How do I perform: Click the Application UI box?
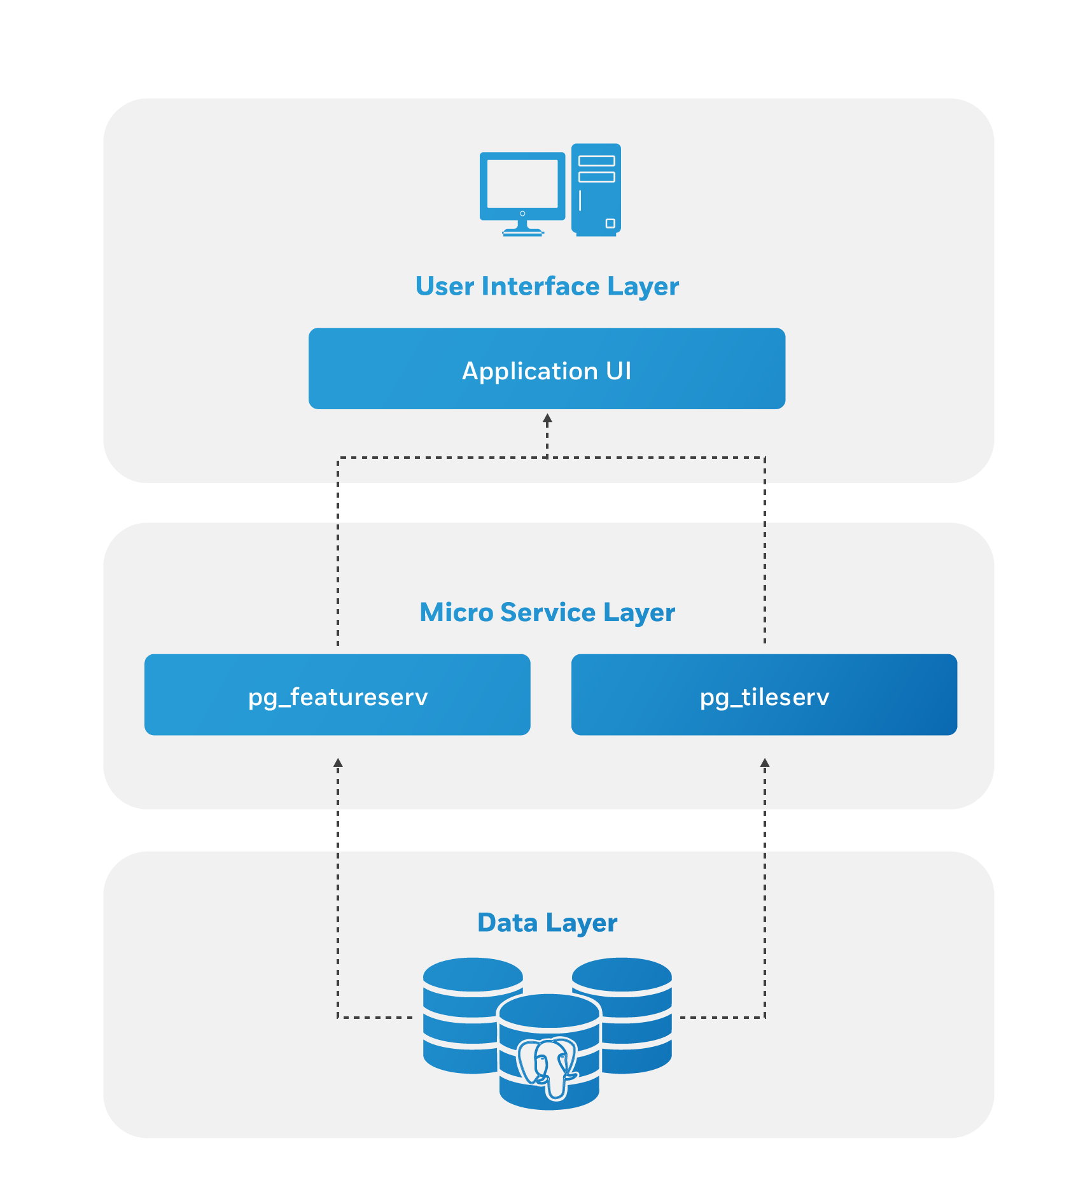547,368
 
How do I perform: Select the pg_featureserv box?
337,695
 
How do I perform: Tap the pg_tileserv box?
764,695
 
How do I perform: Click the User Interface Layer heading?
547,286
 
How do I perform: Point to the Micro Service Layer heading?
547,612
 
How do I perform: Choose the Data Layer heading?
547,923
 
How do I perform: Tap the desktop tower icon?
596,189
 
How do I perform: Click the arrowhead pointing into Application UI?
547,419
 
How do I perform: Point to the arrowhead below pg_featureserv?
339,762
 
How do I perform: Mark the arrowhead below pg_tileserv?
765,762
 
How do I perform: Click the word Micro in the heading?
456,612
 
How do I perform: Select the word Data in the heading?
507,923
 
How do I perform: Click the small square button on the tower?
610,223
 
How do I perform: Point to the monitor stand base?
522,232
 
